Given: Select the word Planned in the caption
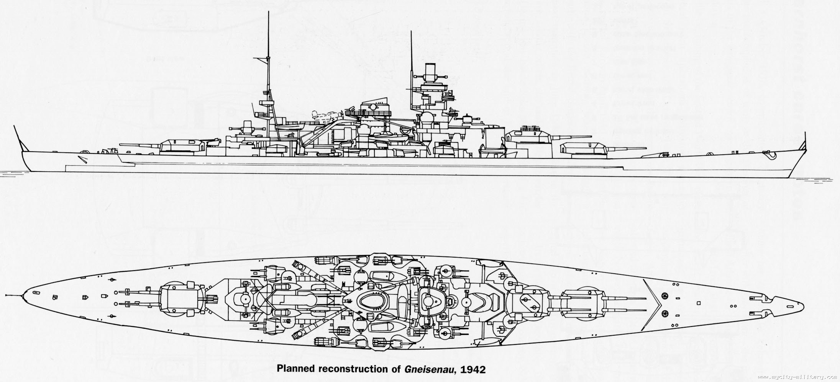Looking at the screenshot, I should tap(296, 370).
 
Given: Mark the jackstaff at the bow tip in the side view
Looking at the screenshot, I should tap(805, 142).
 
